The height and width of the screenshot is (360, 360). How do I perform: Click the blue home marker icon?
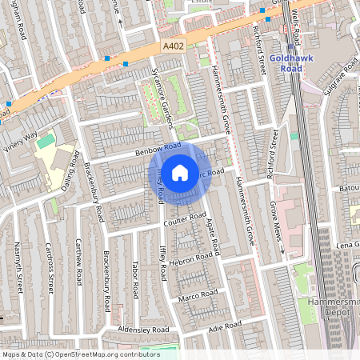[180, 172]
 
